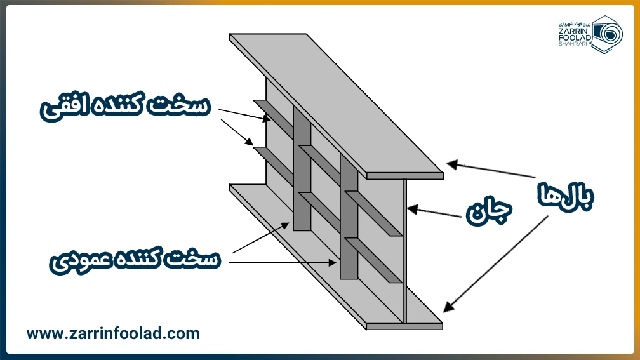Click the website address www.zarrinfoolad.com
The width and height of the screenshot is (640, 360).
pos(113,333)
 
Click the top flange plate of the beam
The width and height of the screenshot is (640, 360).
pos(337,102)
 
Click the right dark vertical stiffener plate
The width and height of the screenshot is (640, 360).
pos(349,216)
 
